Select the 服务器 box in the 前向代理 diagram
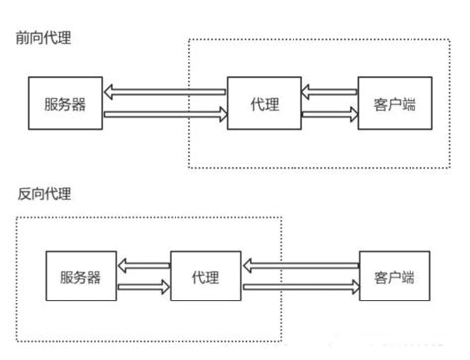[64, 104]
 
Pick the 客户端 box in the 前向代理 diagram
[394, 104]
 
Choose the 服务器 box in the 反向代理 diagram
[80, 277]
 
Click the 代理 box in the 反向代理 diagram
[205, 277]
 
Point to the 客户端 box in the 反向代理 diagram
[394, 277]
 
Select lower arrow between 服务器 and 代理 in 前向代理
[165, 115]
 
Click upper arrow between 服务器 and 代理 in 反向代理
[143, 266]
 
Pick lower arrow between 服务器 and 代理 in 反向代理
[143, 288]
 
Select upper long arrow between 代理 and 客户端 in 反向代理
[300, 266]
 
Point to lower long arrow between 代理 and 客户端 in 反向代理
[300, 288]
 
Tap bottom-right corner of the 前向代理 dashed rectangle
[459, 166]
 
